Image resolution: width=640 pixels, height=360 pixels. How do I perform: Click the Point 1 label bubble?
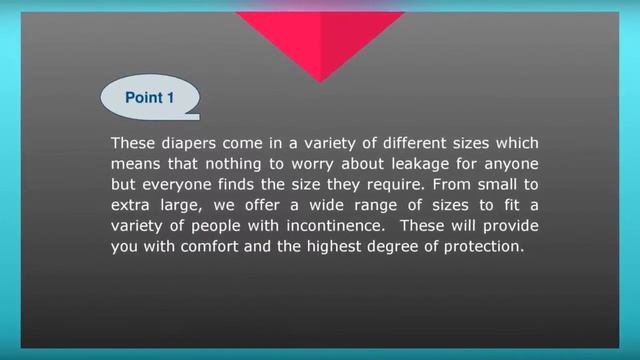tap(150, 98)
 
